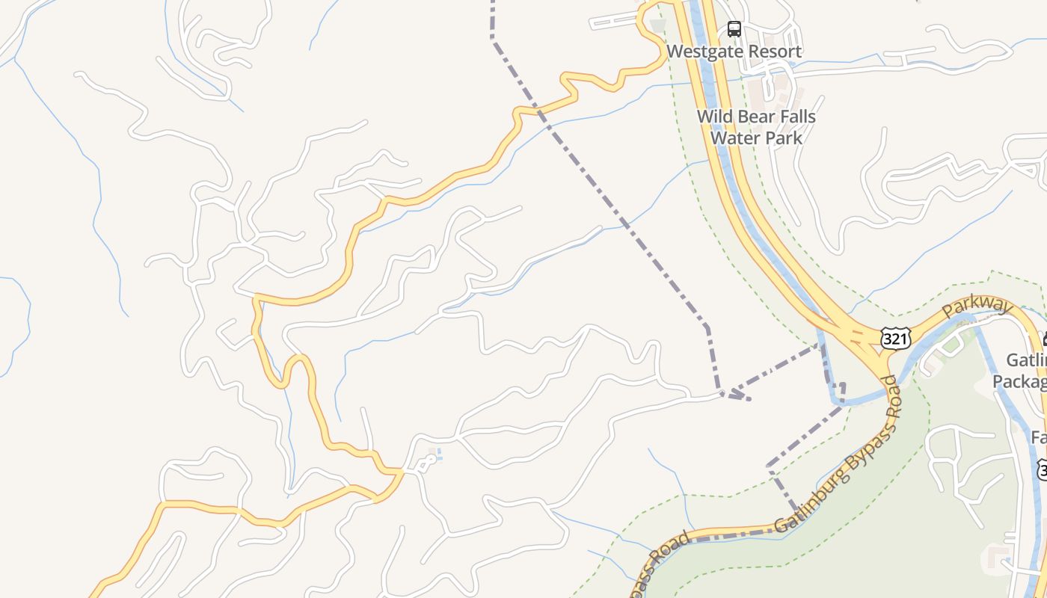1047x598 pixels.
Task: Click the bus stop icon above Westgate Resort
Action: [x=734, y=29]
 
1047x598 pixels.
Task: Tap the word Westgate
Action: [x=701, y=52]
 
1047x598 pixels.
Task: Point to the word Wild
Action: [x=715, y=117]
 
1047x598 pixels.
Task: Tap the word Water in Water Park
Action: [x=733, y=138]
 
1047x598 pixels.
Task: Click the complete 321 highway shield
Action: [x=895, y=339]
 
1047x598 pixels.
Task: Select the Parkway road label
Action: [x=977, y=306]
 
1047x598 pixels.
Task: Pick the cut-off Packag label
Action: [x=1019, y=381]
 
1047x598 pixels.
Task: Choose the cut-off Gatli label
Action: [x=1026, y=360]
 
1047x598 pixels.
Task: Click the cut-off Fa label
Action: [x=1038, y=437]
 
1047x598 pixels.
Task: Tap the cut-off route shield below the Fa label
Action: [x=1042, y=469]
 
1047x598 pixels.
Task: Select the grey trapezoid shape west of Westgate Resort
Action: [x=657, y=26]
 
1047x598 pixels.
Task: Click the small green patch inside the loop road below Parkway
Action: [x=951, y=345]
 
